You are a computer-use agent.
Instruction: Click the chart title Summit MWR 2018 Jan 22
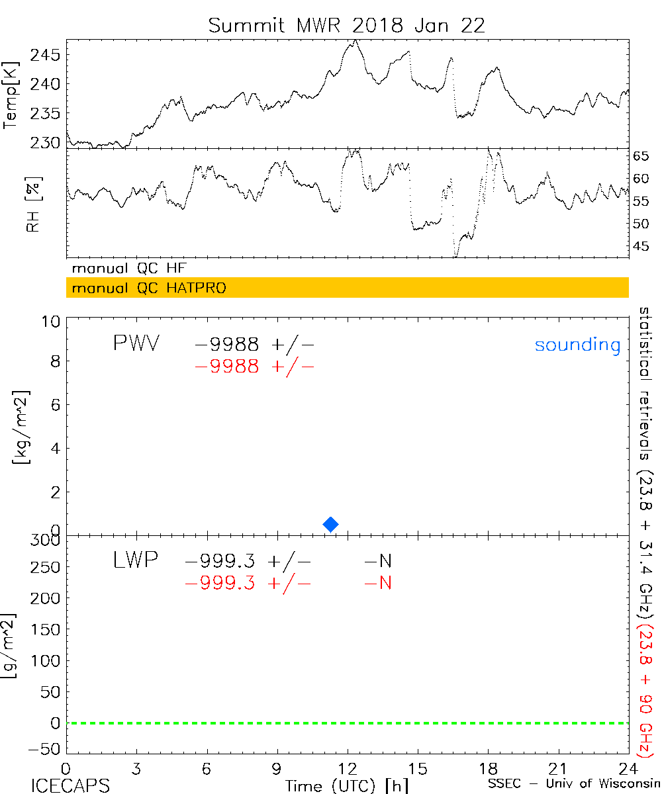click(347, 25)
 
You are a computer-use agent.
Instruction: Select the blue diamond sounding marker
click(330, 524)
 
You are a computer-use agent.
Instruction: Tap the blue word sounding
click(577, 345)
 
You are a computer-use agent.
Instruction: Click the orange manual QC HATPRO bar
click(347, 288)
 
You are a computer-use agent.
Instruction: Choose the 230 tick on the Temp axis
click(46, 142)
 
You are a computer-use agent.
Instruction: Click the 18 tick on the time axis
click(488, 769)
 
